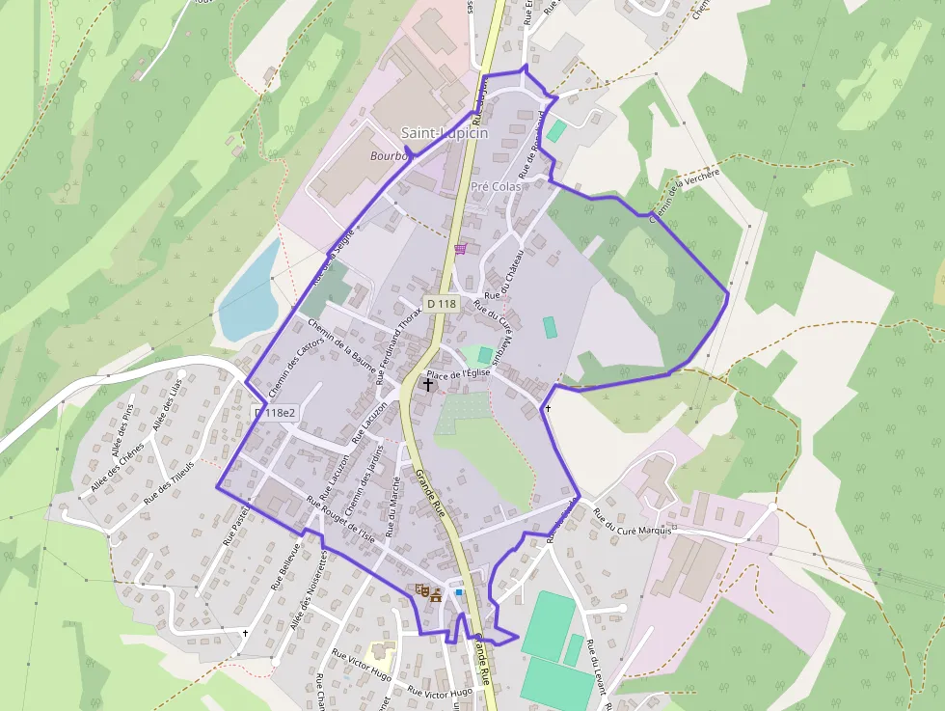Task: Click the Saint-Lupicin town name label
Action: click(x=445, y=133)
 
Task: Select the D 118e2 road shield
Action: click(x=275, y=413)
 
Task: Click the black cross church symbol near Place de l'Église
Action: click(x=428, y=384)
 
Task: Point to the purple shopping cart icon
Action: click(x=461, y=249)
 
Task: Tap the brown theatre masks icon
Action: click(x=421, y=588)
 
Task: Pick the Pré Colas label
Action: click(x=496, y=186)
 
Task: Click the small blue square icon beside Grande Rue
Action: click(x=459, y=592)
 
